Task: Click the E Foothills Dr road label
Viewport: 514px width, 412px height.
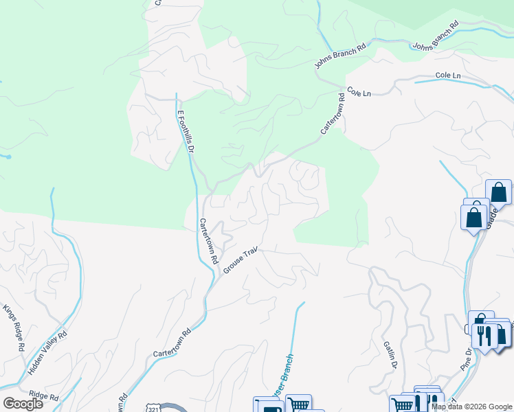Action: tap(187, 131)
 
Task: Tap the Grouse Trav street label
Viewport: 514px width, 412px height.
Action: tap(240, 259)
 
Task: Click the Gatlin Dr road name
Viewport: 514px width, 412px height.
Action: tap(390, 355)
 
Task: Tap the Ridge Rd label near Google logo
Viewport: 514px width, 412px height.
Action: tap(44, 396)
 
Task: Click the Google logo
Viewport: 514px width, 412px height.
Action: tap(23, 404)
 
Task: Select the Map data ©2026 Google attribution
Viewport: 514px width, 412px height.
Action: tap(472, 407)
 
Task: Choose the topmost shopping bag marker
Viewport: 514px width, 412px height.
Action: tap(498, 193)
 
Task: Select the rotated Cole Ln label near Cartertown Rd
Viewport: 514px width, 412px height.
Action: tap(359, 91)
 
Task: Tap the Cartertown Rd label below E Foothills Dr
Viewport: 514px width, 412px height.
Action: tap(209, 241)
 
